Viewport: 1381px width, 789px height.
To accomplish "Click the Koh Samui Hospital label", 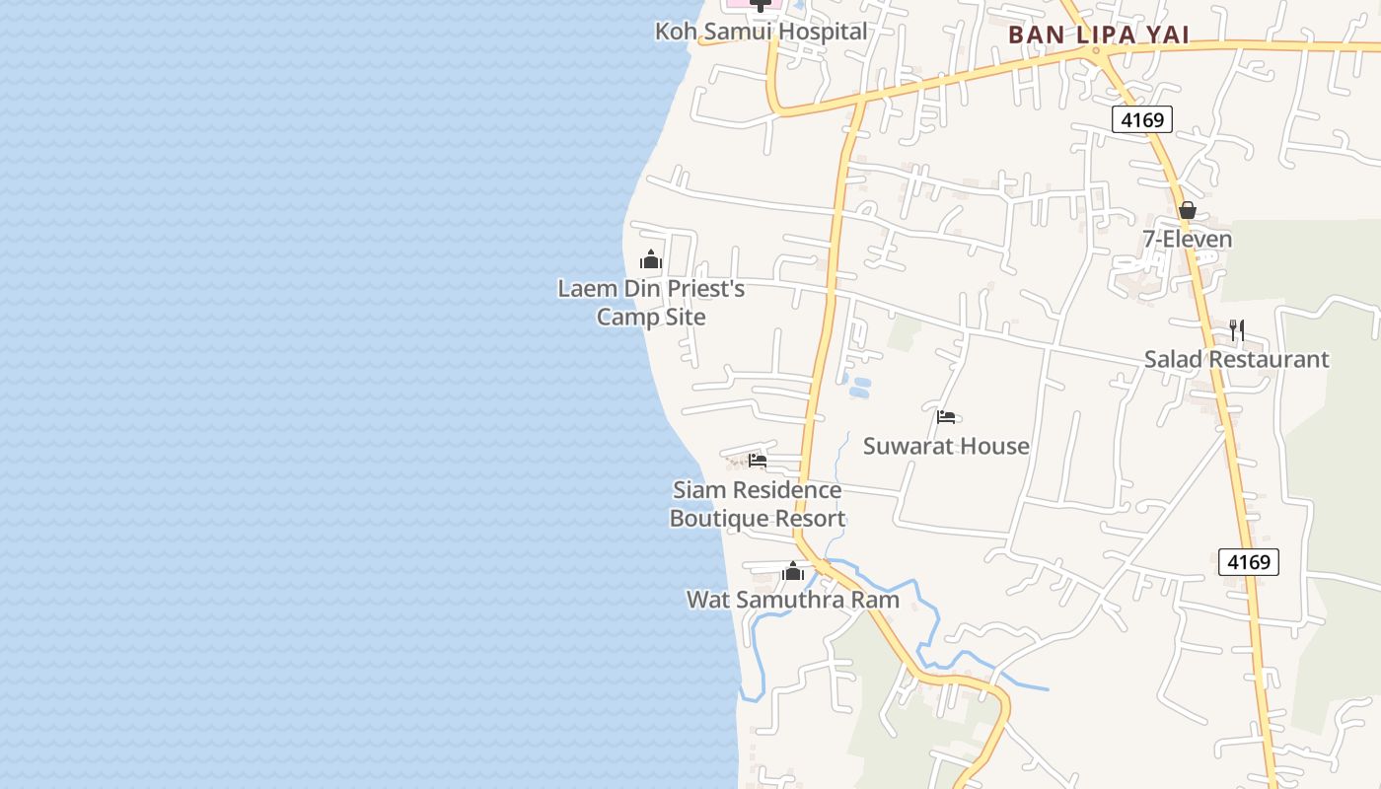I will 761,32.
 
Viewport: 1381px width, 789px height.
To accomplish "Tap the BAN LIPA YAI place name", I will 1098,36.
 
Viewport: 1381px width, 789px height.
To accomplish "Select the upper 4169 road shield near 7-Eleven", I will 1143,120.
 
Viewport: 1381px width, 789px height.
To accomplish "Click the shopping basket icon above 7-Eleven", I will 1187,210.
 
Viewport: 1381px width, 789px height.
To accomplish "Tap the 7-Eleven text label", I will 1187,240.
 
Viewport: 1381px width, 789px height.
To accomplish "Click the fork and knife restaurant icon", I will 1237,330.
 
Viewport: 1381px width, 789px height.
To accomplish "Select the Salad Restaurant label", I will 1236,359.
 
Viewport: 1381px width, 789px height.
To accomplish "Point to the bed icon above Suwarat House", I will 946,417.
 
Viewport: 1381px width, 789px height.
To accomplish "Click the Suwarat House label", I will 946,446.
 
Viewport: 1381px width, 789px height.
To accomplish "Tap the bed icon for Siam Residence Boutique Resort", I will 758,461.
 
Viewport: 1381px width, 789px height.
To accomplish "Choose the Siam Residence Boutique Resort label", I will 757,504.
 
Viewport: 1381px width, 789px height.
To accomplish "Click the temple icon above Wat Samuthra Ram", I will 793,571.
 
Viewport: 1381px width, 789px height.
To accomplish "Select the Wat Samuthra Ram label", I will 793,600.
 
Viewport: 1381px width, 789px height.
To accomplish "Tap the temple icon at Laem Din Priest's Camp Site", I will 651,260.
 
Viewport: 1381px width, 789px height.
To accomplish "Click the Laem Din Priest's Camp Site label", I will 651,303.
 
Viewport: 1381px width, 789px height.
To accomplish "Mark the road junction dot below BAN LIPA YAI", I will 1096,50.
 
